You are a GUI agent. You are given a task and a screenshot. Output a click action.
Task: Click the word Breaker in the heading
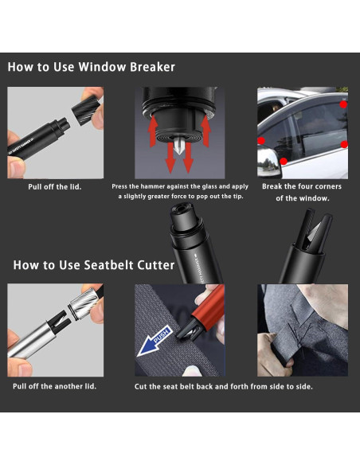pyautogui.click(x=152, y=67)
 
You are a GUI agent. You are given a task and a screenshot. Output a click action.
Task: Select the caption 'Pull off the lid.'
pyautogui.click(x=55, y=187)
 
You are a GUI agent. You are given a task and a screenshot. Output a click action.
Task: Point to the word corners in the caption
pyautogui.click(x=327, y=186)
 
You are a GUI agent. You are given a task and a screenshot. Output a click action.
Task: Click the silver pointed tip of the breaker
pyautogui.click(x=178, y=146)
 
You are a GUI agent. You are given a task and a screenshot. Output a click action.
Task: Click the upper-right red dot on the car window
pyautogui.click(x=343, y=104)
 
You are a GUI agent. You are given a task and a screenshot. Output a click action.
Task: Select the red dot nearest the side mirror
pyautogui.click(x=284, y=162)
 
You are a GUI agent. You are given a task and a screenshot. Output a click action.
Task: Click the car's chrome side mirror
pyautogui.click(x=268, y=162)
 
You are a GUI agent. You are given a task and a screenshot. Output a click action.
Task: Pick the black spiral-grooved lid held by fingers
pyautogui.click(x=86, y=110)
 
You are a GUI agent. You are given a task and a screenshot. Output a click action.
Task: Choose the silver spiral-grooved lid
pyautogui.click(x=84, y=303)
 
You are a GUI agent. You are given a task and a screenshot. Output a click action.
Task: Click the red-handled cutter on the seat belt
pyautogui.click(x=202, y=311)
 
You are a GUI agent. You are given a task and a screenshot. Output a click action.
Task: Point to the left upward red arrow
pyautogui.click(x=153, y=131)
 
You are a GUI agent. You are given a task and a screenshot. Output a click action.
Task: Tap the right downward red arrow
pyautogui.click(x=188, y=158)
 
